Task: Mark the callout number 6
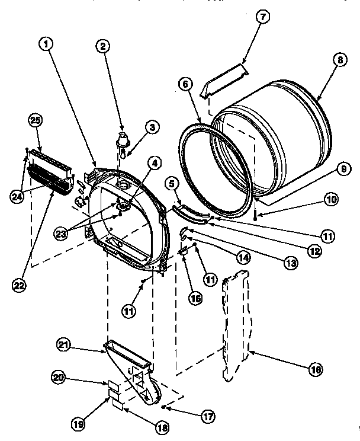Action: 185,84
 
